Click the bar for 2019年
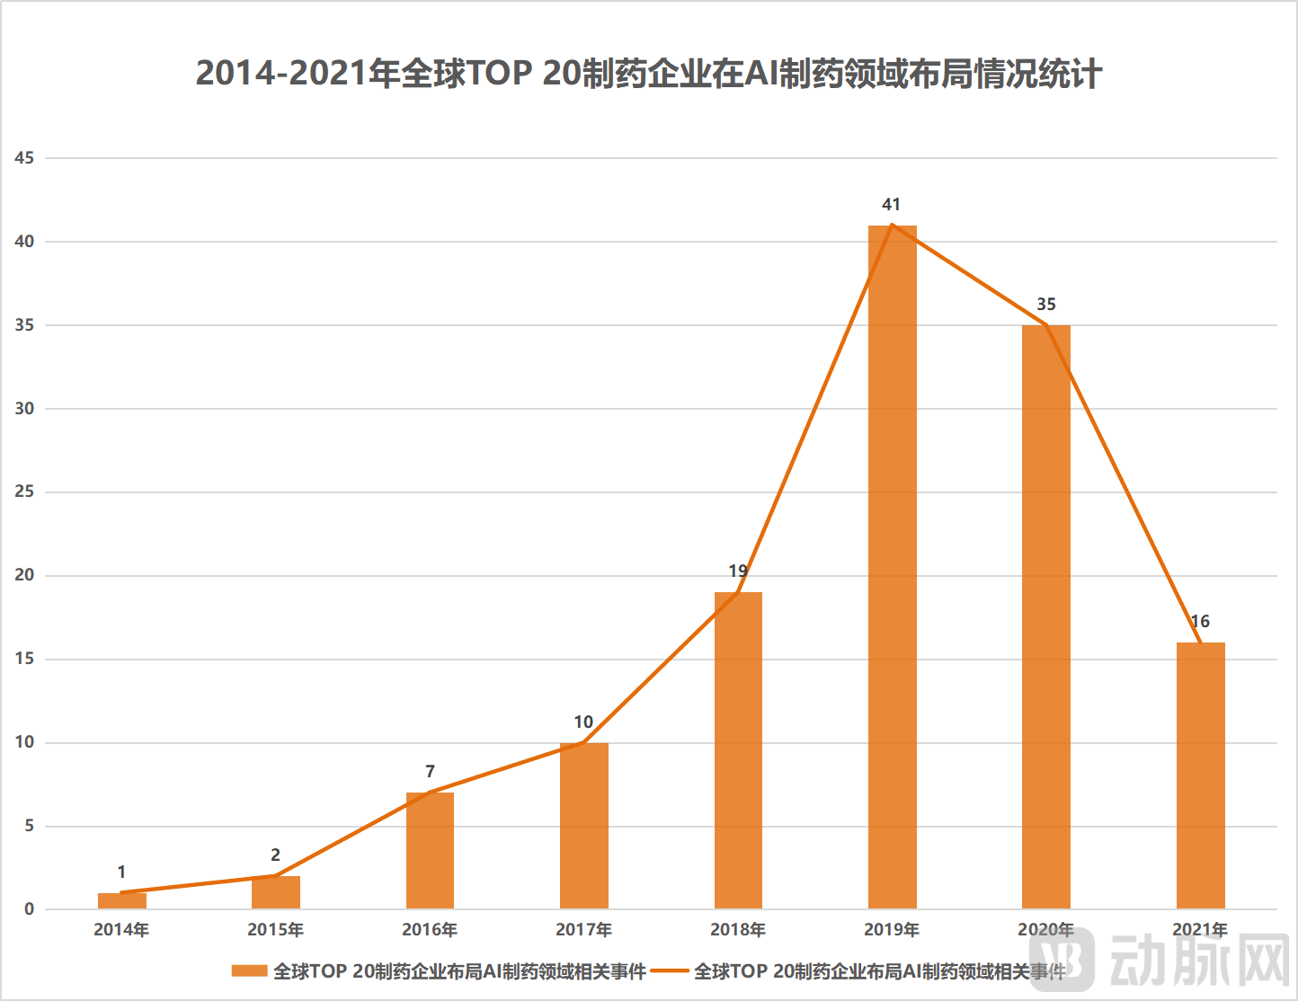tap(892, 566)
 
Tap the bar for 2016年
tap(430, 850)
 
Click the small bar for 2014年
tap(121, 900)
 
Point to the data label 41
tap(891, 205)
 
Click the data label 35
tap(1045, 305)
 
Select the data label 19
tap(738, 571)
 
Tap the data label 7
tap(430, 772)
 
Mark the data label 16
tap(1200, 622)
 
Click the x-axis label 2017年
tap(583, 930)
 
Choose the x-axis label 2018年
tap(738, 930)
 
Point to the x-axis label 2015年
tap(275, 930)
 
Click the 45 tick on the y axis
tap(24, 158)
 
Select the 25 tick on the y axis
tap(24, 492)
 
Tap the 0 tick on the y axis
tap(29, 909)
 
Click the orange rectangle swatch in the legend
tap(249, 971)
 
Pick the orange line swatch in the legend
tap(670, 971)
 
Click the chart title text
tap(648, 74)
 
